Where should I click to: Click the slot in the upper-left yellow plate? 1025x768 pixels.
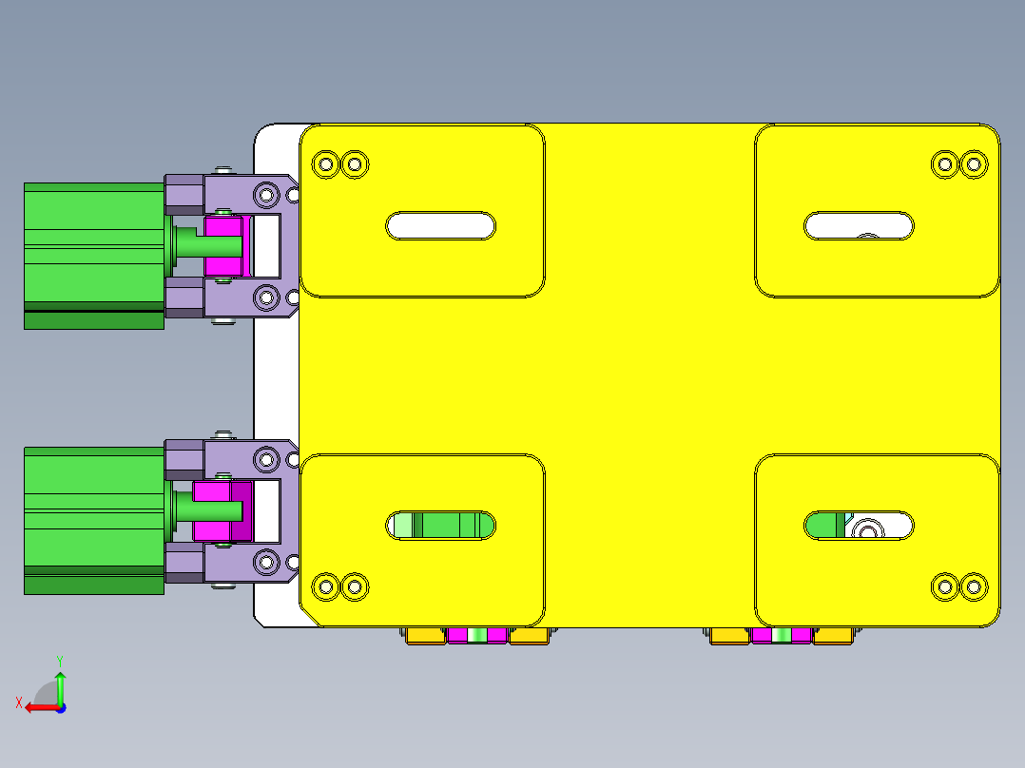point(440,225)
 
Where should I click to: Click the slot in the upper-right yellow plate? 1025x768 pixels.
point(859,225)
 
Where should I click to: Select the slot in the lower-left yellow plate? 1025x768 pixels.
point(440,525)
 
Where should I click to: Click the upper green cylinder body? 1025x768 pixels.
point(92,245)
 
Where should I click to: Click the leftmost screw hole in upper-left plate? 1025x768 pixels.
point(326,164)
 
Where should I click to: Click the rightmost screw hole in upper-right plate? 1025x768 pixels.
point(973,164)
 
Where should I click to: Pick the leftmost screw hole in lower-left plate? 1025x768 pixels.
point(326,586)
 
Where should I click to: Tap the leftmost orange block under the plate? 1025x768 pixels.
point(425,636)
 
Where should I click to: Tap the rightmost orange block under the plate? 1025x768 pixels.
point(832,636)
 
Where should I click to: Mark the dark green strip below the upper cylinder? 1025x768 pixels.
point(92,320)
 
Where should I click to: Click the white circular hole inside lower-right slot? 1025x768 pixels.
point(867,528)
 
